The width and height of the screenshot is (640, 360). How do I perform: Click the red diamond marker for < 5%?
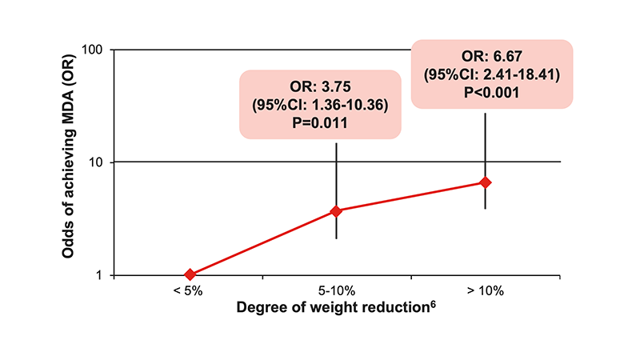(x=190, y=274)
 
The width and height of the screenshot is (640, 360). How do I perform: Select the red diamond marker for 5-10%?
(x=336, y=210)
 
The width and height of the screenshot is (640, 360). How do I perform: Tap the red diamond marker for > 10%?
(x=485, y=182)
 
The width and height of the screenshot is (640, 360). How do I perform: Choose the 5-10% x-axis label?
(x=337, y=292)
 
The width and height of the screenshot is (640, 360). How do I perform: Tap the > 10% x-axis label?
(x=485, y=292)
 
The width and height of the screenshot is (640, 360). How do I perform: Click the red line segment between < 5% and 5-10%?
(x=262, y=242)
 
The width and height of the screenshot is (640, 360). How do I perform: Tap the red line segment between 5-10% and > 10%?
(x=410, y=197)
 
